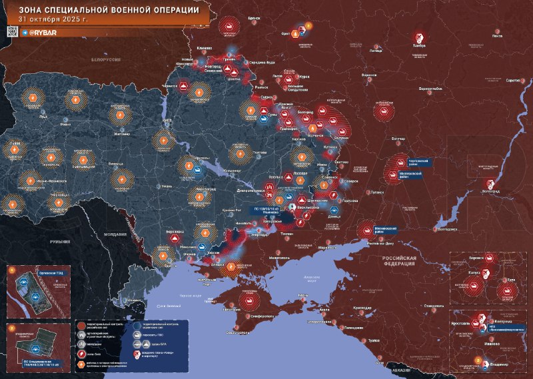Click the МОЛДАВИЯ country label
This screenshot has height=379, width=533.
coord(109,235)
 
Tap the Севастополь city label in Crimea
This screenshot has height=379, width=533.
coord(238,332)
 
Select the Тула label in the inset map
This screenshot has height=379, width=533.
coord(512,280)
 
